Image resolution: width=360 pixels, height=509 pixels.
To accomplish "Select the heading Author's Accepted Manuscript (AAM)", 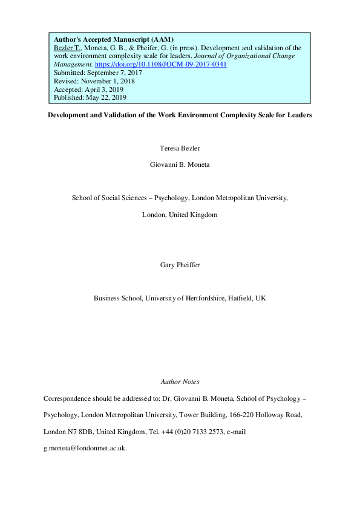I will tap(114, 39).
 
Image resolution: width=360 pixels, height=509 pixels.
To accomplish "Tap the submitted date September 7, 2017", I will tap(115, 72).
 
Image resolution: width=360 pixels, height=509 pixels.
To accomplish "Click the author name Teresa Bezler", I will tap(180, 148).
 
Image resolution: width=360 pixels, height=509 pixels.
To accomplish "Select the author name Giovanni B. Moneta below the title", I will tap(180, 164).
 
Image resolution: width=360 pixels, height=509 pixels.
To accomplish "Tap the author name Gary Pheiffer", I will tap(180, 265).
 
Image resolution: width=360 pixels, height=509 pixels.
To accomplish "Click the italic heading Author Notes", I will tap(180, 382).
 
